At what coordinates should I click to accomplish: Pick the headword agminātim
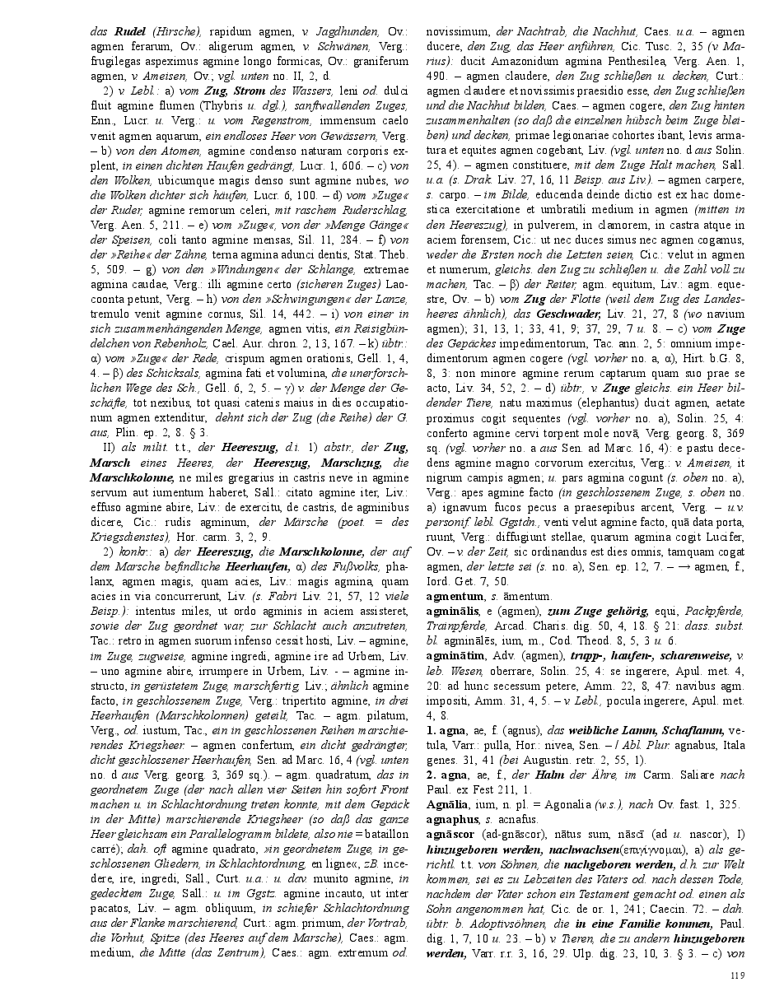[455, 654]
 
